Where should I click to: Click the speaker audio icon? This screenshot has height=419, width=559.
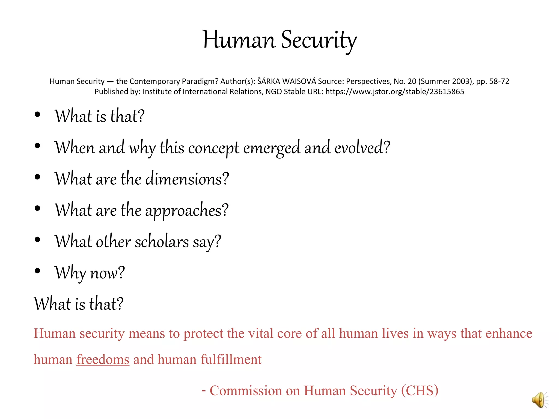pyautogui.click(x=540, y=400)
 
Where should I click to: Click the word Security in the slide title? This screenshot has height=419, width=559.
pyautogui.click(x=319, y=40)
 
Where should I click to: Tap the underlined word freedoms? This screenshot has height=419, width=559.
pyautogui.click(x=103, y=360)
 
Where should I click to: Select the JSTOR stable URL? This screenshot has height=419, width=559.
pyautogui.click(x=394, y=92)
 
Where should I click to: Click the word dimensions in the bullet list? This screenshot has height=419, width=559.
pyautogui.click(x=187, y=179)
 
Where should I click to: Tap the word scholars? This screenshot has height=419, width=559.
pyautogui.click(x=162, y=242)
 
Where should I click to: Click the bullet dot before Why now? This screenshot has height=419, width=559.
pyautogui.click(x=38, y=271)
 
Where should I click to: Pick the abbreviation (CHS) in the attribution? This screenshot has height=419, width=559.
pyautogui.click(x=420, y=391)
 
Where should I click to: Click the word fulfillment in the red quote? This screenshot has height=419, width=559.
pyautogui.click(x=231, y=360)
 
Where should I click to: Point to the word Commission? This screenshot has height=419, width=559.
pyautogui.click(x=245, y=391)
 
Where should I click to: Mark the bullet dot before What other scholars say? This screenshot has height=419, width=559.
pyautogui.click(x=38, y=240)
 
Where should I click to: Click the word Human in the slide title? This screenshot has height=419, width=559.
pyautogui.click(x=239, y=40)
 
